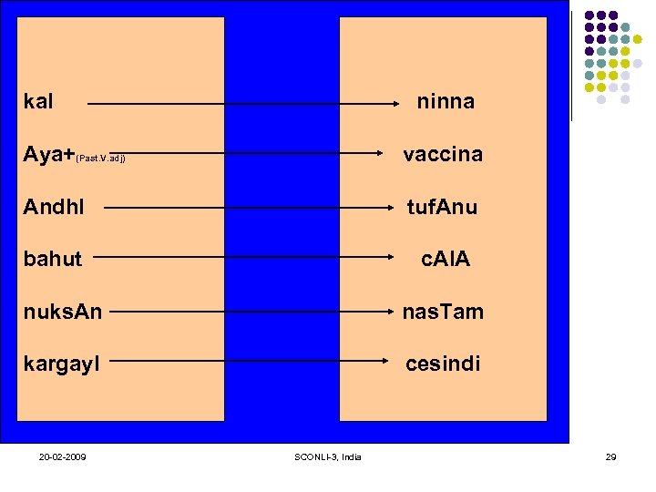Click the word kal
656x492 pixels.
[x=38, y=101]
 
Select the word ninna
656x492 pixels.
[x=446, y=102]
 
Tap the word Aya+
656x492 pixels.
[x=49, y=155]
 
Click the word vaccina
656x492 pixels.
[x=443, y=155]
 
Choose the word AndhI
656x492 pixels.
[x=54, y=207]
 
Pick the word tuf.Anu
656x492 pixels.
[x=442, y=208]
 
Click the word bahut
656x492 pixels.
[x=53, y=260]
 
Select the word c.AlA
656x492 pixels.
[x=445, y=260]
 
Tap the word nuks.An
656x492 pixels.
[x=63, y=313]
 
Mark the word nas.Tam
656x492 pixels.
[x=443, y=313]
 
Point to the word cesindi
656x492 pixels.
[x=443, y=364]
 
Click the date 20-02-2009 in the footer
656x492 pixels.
[x=63, y=456]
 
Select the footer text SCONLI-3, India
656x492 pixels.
[x=329, y=456]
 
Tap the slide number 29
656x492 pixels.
[x=610, y=456]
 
